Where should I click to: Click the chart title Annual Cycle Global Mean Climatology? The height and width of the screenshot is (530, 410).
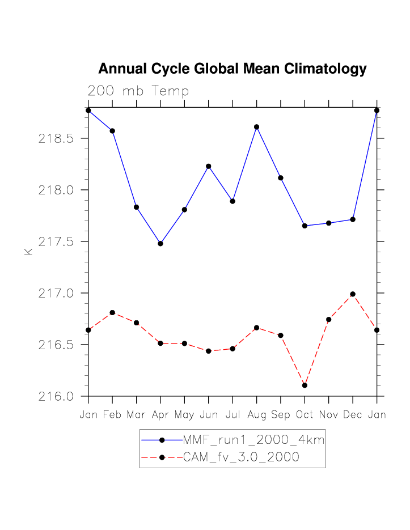[233, 69]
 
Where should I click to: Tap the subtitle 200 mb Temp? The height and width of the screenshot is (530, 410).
[138, 91]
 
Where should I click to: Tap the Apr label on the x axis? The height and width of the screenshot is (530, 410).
[160, 415]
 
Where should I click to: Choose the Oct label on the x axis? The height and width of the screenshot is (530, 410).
[305, 415]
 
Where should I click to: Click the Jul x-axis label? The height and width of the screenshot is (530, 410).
[233, 415]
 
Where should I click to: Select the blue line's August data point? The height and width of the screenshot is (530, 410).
[256, 127]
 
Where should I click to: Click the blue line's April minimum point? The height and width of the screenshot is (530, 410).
[160, 244]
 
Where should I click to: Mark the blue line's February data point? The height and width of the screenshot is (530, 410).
[112, 131]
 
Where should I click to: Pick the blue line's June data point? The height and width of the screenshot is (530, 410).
[209, 166]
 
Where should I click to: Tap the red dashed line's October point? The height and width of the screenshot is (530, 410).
[305, 385]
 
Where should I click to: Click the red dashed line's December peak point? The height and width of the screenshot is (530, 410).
[353, 294]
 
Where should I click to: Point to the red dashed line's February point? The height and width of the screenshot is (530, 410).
[112, 313]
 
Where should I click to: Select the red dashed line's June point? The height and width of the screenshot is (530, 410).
[209, 351]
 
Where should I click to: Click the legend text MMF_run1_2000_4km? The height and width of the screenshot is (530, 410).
[253, 440]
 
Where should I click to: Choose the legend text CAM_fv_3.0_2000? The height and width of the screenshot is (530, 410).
[241, 457]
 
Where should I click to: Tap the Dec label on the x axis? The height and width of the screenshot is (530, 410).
[353, 415]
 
